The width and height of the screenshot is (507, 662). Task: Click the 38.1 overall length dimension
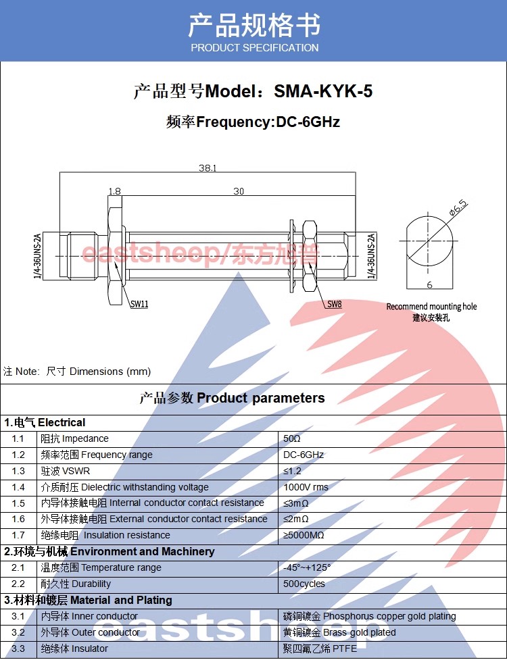207,168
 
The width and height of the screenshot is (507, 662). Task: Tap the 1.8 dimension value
114,192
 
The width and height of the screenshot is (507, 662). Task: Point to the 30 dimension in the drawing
239,192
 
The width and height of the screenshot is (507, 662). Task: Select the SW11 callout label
139,304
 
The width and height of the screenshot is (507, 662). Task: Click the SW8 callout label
335,305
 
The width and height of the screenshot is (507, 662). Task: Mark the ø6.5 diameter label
458,209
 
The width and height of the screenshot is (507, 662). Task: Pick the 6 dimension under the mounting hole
429,285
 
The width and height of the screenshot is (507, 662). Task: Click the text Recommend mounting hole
431,307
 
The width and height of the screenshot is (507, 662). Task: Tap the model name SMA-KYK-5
323,91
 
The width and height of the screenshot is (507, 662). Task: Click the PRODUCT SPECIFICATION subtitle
254,48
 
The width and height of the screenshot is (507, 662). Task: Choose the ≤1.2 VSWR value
293,471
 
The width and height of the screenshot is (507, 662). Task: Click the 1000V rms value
306,487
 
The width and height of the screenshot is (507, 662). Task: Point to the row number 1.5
18,503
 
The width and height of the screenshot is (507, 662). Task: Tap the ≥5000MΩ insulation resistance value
304,536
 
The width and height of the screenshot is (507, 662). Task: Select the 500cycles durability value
304,584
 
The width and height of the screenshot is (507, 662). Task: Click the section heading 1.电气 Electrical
45,423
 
